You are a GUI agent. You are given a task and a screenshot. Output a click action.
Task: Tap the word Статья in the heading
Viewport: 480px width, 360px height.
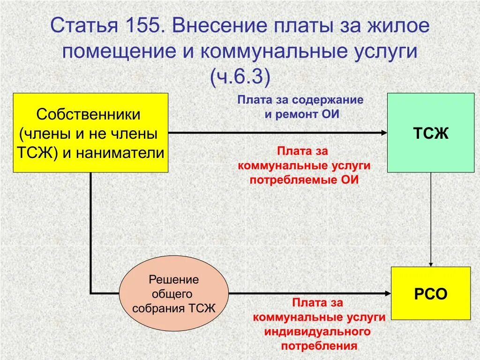click(x=83, y=26)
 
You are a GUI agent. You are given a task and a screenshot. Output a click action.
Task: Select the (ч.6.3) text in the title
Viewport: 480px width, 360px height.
click(x=240, y=77)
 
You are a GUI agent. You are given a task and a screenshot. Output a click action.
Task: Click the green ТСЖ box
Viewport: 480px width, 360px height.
click(x=430, y=133)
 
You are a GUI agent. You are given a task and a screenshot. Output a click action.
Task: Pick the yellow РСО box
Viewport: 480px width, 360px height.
click(x=430, y=293)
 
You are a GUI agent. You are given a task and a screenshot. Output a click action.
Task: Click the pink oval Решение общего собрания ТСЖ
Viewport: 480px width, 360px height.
click(x=174, y=294)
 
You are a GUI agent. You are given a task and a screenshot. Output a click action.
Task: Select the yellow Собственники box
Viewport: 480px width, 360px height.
click(x=90, y=133)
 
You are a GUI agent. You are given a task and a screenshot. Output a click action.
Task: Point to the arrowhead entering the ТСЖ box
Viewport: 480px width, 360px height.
click(x=384, y=133)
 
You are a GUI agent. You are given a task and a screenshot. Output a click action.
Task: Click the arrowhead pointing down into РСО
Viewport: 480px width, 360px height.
click(x=431, y=263)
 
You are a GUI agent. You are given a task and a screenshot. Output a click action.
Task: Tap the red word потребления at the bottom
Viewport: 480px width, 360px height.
click(x=319, y=346)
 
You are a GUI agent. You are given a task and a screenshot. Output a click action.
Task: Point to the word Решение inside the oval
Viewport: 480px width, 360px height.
click(x=174, y=280)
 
